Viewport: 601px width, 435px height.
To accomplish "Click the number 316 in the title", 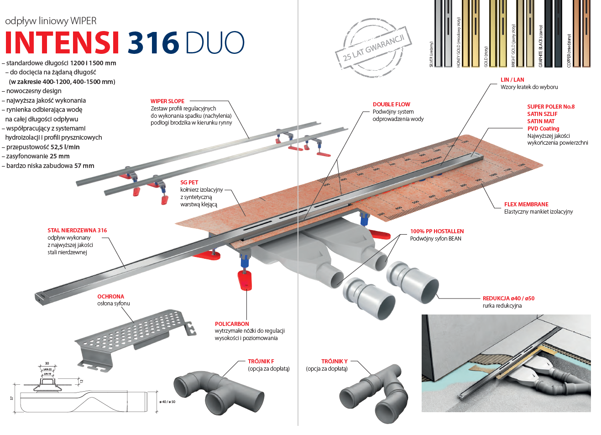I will pyautogui.click(x=153, y=43).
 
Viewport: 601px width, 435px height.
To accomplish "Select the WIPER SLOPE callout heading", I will pyautogui.click(x=167, y=101).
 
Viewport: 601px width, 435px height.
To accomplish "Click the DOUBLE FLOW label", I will pyautogui.click(x=391, y=105).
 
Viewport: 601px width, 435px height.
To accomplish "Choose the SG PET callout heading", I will pyautogui.click(x=189, y=183).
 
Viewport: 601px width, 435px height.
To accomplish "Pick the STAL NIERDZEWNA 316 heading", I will pyautogui.click(x=77, y=231).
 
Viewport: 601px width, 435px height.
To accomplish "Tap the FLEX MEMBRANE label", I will pyautogui.click(x=526, y=204).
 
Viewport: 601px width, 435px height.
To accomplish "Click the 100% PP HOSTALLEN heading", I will pyautogui.click(x=437, y=231).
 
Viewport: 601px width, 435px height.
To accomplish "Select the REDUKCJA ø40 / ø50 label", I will pyautogui.click(x=508, y=299).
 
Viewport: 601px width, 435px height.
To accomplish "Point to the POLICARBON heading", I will pyautogui.click(x=232, y=324).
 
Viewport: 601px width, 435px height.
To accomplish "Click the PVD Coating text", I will pyautogui.click(x=543, y=129).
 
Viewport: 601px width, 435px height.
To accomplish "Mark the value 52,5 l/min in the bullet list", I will pyautogui.click(x=65, y=147).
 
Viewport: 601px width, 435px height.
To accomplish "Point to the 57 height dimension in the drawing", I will pyautogui.click(x=12, y=398).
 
